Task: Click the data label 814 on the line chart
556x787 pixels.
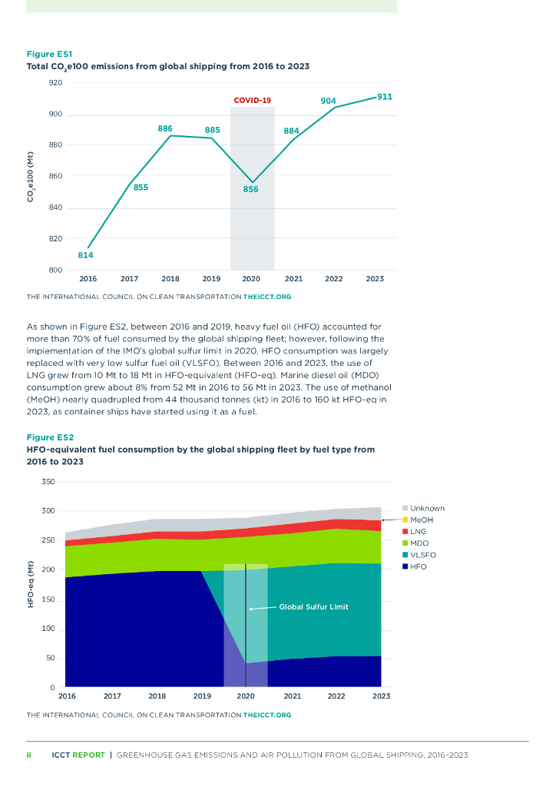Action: point(85,254)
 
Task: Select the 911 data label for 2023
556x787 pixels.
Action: point(385,97)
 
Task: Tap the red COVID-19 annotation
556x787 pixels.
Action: point(252,101)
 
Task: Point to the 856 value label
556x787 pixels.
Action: point(250,189)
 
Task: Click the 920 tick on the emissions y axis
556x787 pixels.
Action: point(55,82)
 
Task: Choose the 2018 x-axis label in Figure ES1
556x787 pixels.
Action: point(170,279)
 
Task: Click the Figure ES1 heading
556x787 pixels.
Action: point(49,55)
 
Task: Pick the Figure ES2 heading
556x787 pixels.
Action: point(50,437)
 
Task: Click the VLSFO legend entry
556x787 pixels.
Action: point(423,555)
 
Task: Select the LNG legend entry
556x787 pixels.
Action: point(419,532)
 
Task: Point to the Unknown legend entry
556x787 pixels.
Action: point(427,508)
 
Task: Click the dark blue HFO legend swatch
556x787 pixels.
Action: point(404,566)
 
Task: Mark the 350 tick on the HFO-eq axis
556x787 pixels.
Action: point(48,482)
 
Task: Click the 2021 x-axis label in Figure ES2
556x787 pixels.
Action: point(292,696)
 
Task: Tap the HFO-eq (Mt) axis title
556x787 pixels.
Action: point(31,586)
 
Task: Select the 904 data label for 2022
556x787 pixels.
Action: point(328,101)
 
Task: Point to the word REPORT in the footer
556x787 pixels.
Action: point(89,755)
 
